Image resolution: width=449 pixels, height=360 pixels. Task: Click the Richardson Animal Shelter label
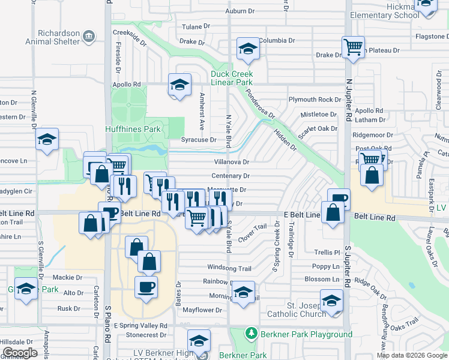(53, 37)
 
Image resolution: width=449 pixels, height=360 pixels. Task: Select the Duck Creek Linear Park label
(231, 78)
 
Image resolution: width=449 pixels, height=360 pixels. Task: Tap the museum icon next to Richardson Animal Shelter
(89, 37)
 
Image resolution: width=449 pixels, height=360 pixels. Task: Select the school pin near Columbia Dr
(247, 50)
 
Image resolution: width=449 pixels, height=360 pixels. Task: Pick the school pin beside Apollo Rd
(179, 85)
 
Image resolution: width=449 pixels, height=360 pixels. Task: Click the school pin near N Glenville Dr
(47, 140)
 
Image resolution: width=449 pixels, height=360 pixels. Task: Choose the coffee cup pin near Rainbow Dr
(146, 287)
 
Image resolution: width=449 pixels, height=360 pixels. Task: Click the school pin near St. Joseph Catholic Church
(331, 301)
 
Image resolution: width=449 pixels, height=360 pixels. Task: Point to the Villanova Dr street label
(231, 162)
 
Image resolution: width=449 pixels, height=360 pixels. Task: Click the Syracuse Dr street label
(199, 140)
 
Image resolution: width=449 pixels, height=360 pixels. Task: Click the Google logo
(20, 353)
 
